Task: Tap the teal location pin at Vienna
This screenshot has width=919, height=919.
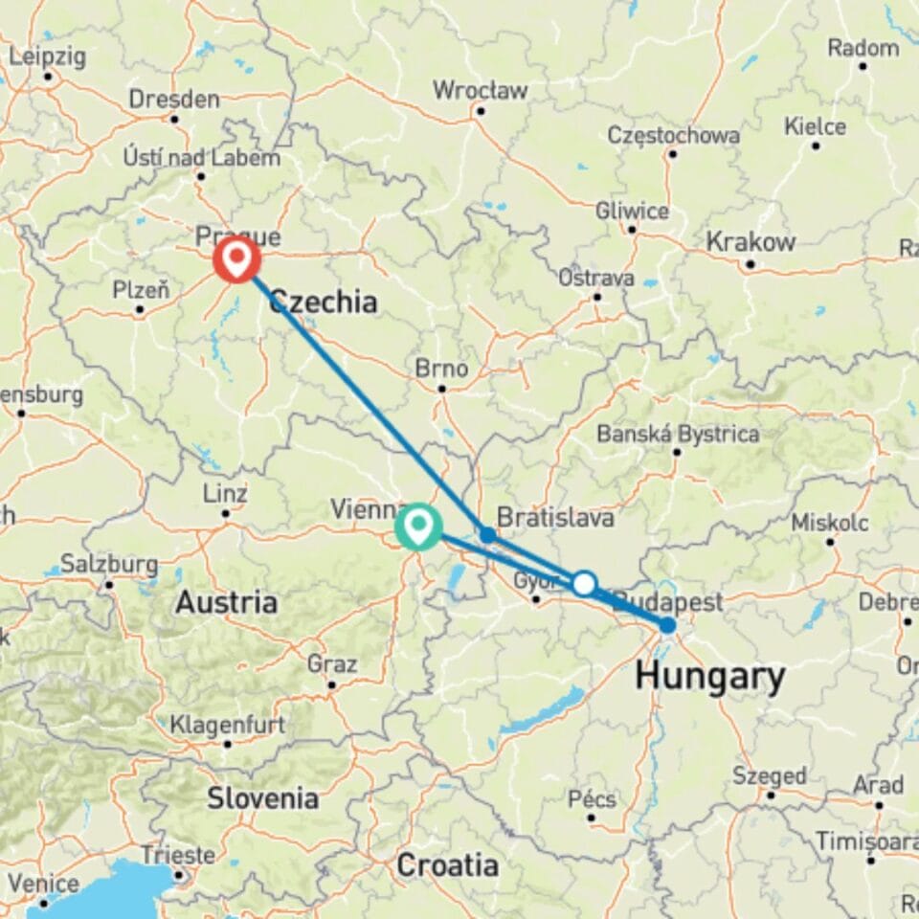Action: coord(418,526)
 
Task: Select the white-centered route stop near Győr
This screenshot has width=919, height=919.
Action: coord(584,583)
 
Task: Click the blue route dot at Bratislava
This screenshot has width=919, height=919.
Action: coord(487,535)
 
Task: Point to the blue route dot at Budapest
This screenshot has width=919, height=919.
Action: coord(667,626)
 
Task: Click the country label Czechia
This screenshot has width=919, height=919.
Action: coord(323,303)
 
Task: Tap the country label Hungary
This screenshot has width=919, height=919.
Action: coord(709,677)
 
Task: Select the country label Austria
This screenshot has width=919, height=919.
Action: coord(226,602)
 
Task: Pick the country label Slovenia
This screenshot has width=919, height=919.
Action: coord(262,797)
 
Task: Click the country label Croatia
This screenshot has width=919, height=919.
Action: coord(447,866)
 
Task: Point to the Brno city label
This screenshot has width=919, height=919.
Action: coord(441,369)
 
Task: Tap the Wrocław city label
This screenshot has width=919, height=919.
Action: coord(480,91)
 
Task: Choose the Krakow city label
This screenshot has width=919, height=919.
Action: coord(751,242)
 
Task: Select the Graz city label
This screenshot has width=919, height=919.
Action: coord(332,664)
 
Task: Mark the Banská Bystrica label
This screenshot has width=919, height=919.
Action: coord(678,434)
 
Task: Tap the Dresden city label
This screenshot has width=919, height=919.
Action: coord(173,99)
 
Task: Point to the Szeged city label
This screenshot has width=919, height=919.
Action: coord(770,774)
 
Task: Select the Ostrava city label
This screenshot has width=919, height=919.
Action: coord(597,279)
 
